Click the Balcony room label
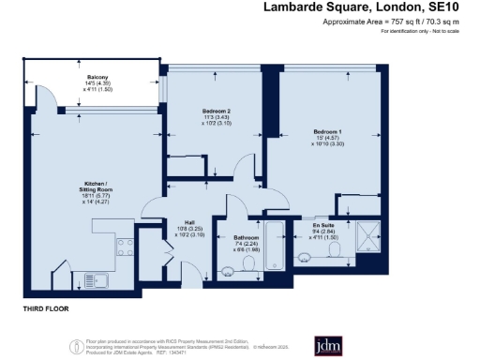point(97,76)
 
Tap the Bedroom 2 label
point(216,111)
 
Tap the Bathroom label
point(246,238)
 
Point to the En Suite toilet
point(303,253)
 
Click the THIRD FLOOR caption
point(46,307)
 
